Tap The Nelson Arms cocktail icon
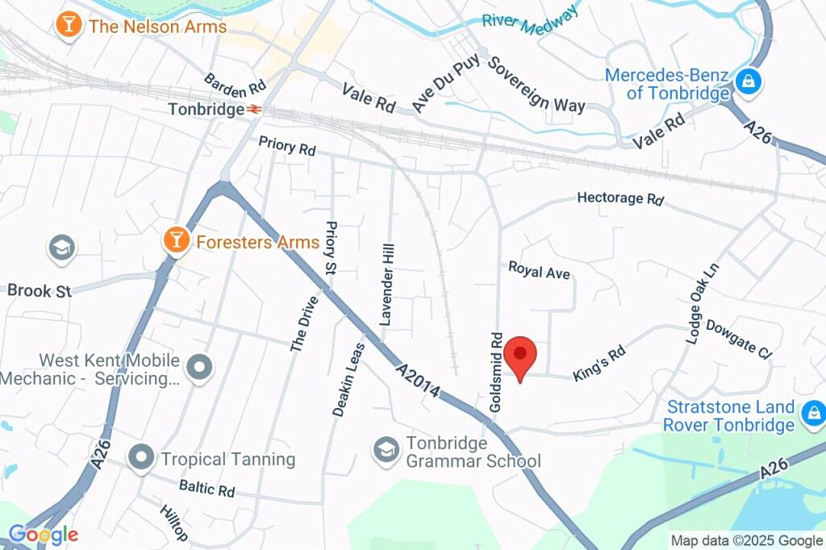68,25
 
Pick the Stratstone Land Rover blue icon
811,415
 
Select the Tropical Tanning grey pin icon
141,458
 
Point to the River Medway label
530,19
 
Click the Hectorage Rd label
620,198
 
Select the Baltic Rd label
206,488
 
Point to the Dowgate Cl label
738,337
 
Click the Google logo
43,534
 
